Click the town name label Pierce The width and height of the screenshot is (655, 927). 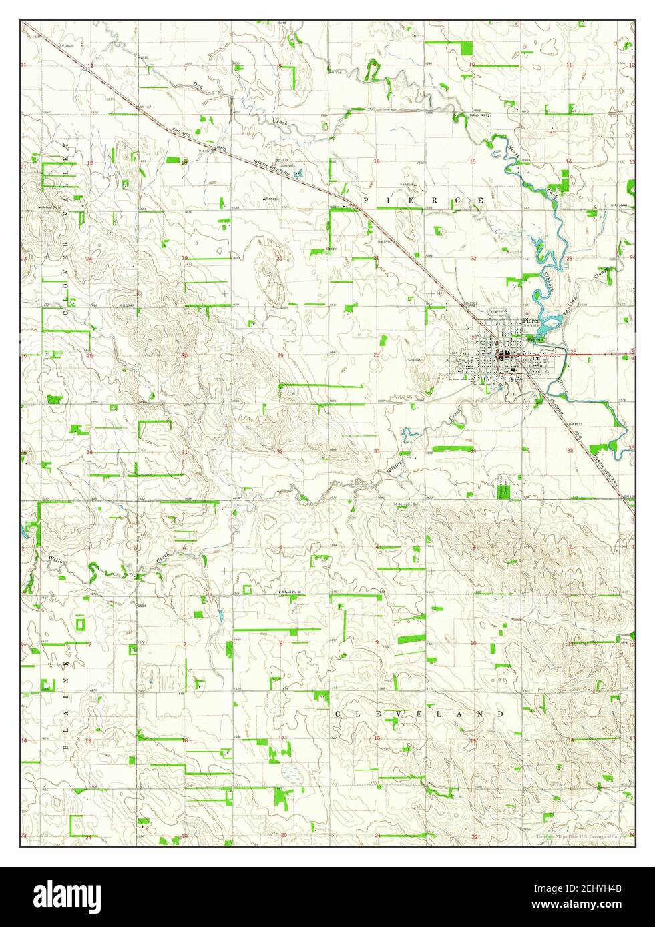[x=531, y=321]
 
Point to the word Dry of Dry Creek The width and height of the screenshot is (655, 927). [x=196, y=85]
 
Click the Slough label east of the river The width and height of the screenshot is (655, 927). [x=602, y=273]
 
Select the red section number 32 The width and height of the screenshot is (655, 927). [x=280, y=452]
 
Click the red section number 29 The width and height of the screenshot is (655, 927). [x=280, y=355]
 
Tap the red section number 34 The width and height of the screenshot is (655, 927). [x=473, y=451]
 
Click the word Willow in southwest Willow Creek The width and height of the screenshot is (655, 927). [x=57, y=560]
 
